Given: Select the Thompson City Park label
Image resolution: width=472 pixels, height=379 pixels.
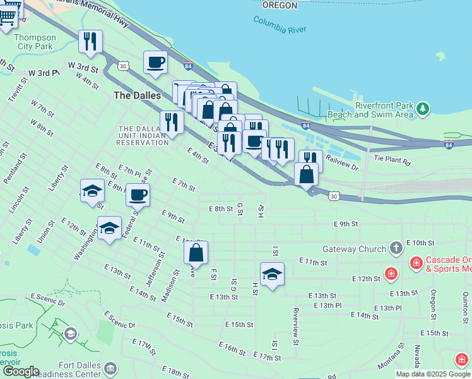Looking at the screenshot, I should coord(36,42).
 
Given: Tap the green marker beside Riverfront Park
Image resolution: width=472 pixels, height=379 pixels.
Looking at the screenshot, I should coord(423,110).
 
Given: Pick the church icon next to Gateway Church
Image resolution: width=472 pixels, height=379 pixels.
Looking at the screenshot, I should coord(396,248).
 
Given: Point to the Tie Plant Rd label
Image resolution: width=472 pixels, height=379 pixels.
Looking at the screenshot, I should coord(392,161).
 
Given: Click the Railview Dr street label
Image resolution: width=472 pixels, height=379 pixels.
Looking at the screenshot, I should coord(342,164).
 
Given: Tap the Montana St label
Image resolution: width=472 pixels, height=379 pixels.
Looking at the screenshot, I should coord(391,357).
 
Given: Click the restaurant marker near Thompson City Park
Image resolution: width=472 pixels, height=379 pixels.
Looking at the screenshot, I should coord(90,42).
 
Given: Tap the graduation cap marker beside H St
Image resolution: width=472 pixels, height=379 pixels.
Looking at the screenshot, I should coord(272,274).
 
